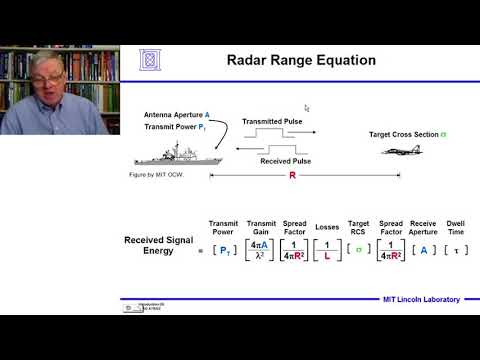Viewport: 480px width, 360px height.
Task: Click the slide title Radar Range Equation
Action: click(287, 61)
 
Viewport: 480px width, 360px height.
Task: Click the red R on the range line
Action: click(293, 175)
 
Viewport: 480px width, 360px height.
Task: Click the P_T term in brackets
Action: click(223, 251)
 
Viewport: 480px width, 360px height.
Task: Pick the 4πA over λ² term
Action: click(261, 251)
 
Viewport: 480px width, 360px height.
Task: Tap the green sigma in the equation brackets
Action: click(358, 251)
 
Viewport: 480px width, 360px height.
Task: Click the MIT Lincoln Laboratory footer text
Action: click(422, 299)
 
